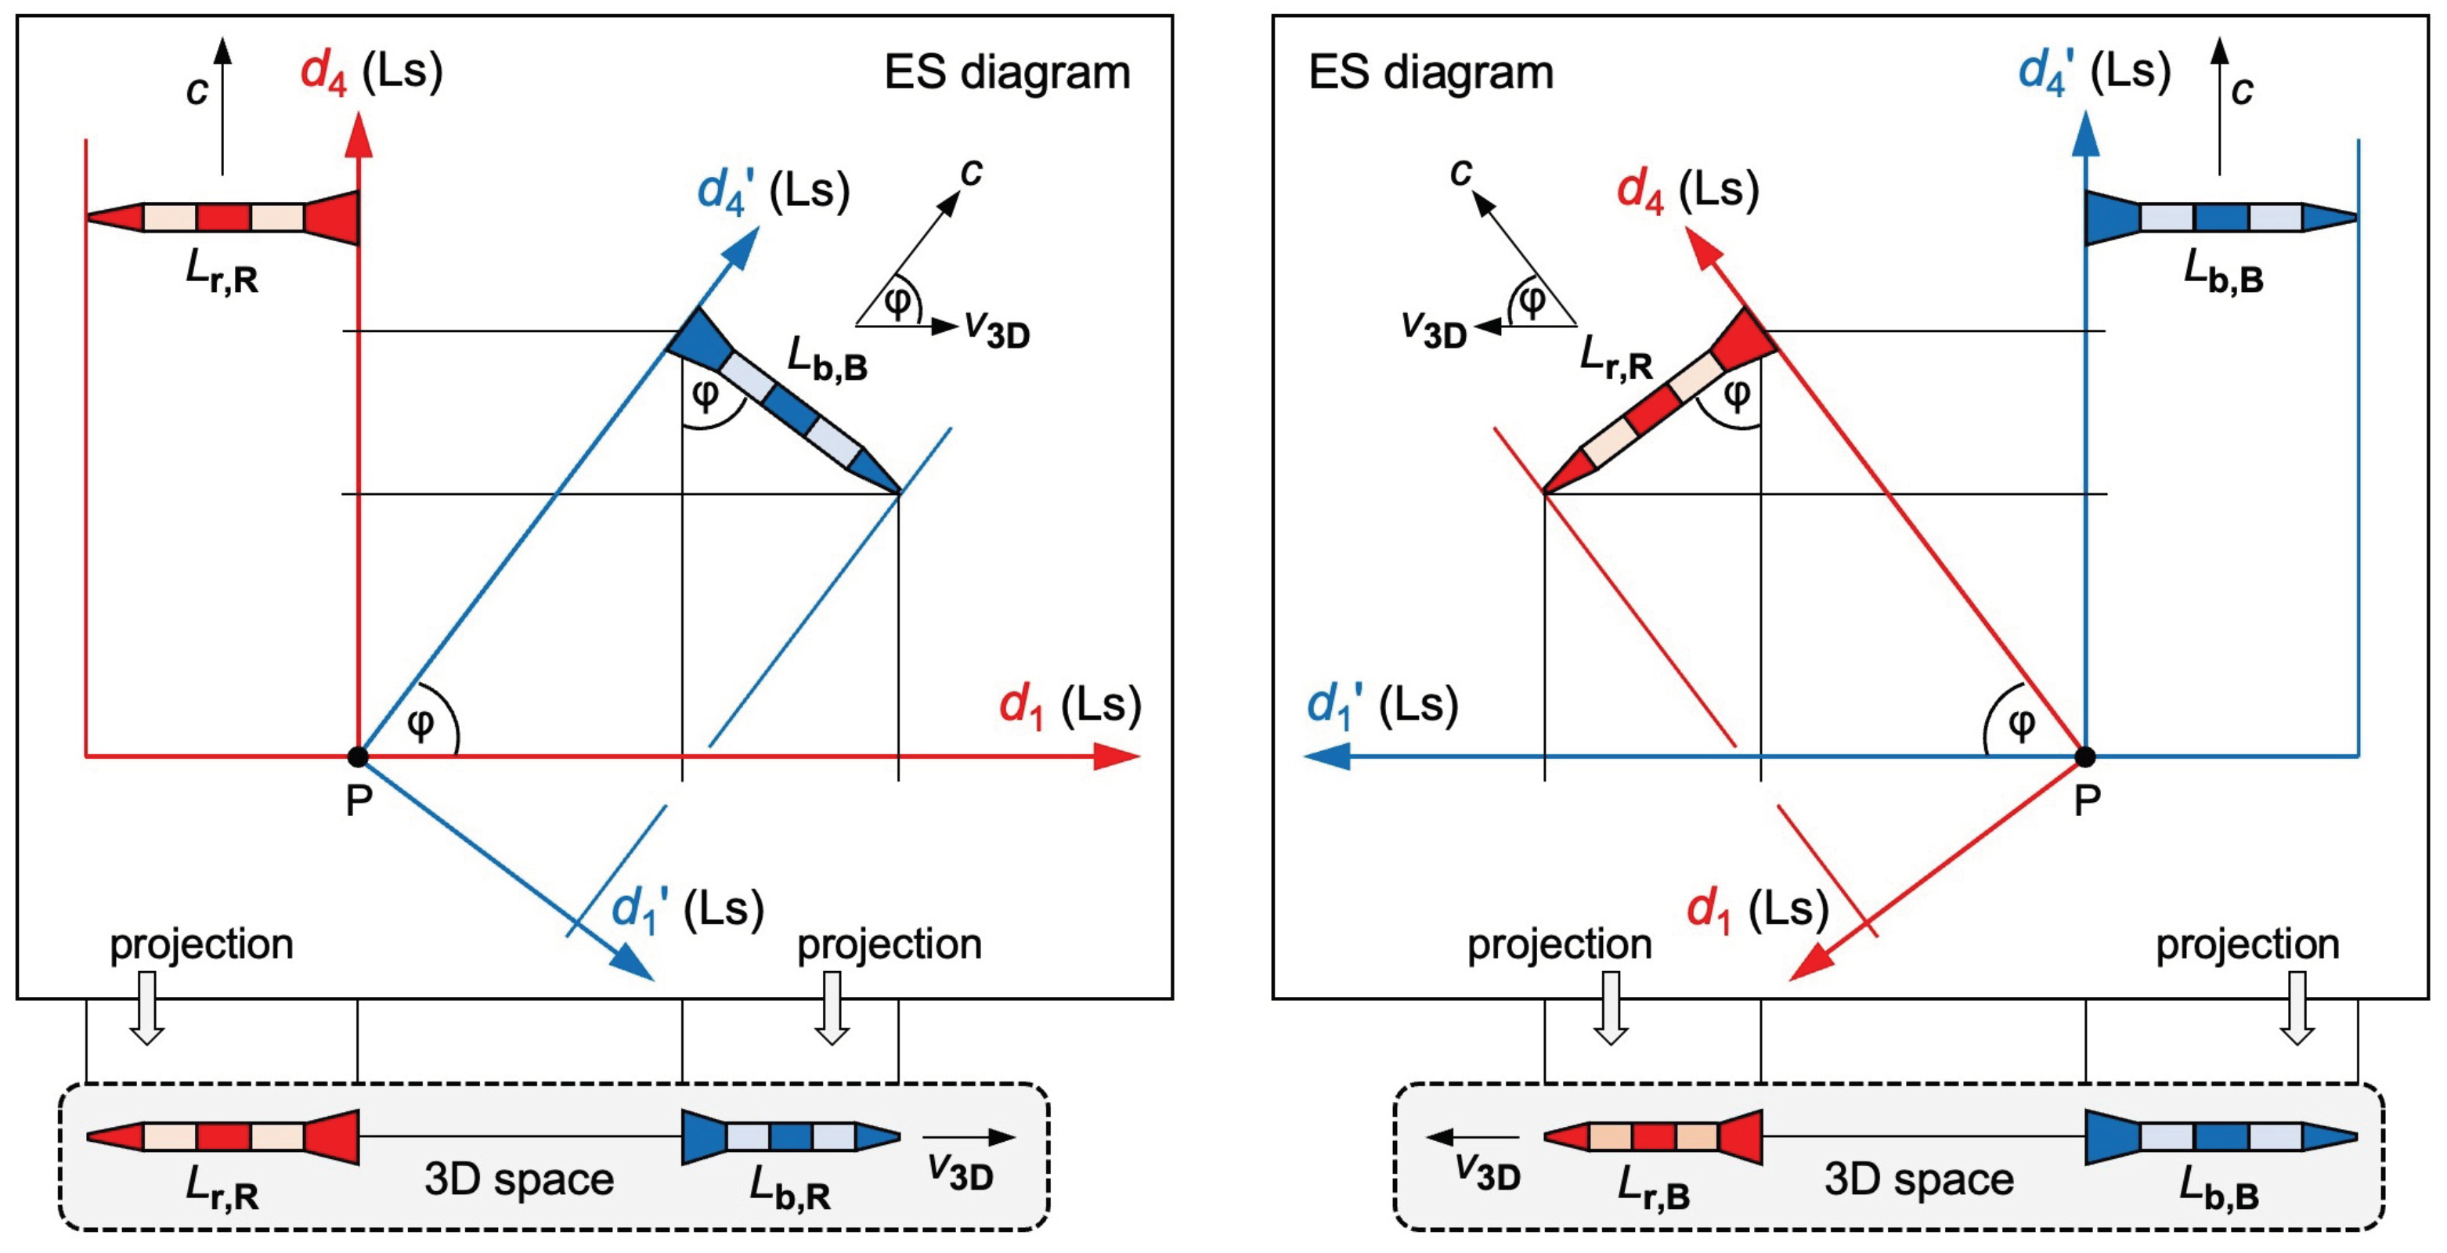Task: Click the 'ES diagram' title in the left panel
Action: [x=1007, y=72]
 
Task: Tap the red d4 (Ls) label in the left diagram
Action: [x=371, y=72]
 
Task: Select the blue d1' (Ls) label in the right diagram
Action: [x=1382, y=705]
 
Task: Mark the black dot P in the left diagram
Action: [x=357, y=756]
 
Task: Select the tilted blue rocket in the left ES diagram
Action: [x=783, y=399]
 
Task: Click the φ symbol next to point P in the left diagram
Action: [x=420, y=724]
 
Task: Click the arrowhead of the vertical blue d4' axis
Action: [x=2085, y=133]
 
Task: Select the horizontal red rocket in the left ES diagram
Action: [x=223, y=218]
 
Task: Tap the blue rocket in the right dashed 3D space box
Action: [x=2221, y=1136]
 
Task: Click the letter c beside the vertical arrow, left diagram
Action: [x=197, y=90]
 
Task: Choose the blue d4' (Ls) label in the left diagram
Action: [x=772, y=191]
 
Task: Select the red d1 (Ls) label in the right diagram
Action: [x=1757, y=910]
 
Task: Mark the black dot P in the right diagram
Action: [x=2085, y=756]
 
